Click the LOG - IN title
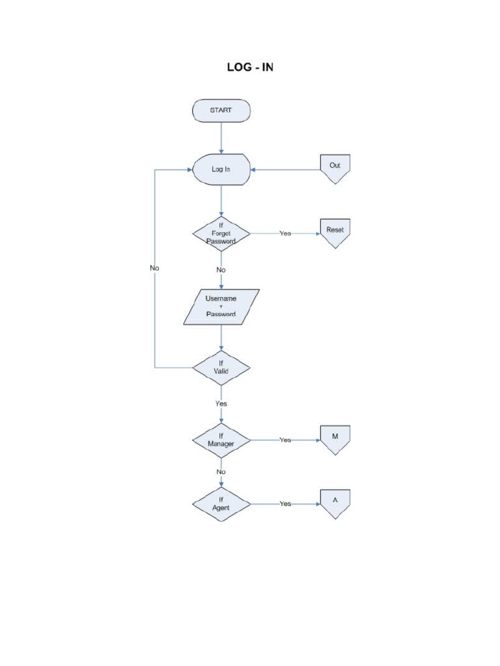[250, 67]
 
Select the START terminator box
[221, 111]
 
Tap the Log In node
[221, 169]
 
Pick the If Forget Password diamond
[221, 233]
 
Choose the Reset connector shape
[335, 232]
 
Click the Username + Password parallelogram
[221, 306]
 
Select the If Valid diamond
[221, 367]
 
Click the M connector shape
[335, 438]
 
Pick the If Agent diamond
[221, 504]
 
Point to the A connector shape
[335, 503]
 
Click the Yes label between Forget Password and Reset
[285, 233]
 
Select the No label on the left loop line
[154, 267]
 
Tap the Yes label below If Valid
[221, 403]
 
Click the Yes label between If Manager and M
[285, 440]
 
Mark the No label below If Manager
[221, 472]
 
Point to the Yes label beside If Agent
[285, 504]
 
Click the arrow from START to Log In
[221, 137]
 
